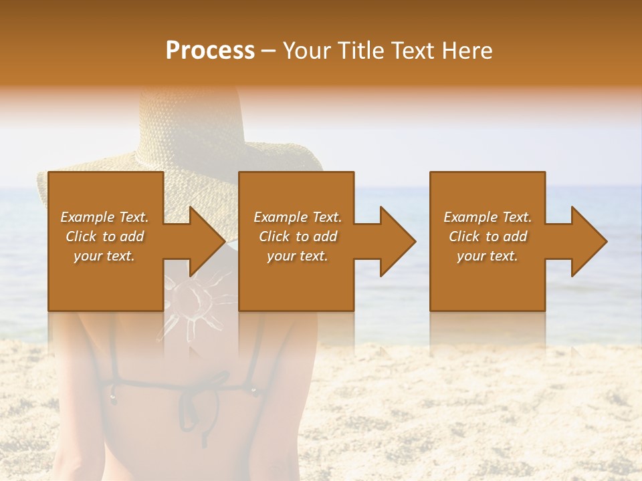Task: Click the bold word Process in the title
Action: coord(210,51)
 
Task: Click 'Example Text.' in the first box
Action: coord(104,217)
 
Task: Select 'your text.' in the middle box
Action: coord(297,256)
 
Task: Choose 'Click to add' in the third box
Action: coord(488,236)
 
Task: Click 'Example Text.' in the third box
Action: coord(488,217)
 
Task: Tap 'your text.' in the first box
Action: coord(104,256)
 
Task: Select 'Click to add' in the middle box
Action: coord(298,236)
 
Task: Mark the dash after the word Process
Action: coord(268,51)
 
